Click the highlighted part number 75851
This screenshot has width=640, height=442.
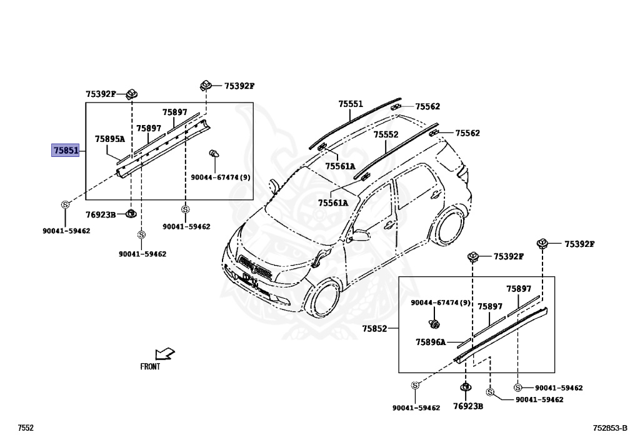[65, 150]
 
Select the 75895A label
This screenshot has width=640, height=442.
[110, 139]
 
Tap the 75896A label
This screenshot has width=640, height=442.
[431, 342]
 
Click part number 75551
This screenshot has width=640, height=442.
[351, 104]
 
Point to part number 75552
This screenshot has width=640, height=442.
[386, 134]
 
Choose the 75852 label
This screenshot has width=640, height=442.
[374, 328]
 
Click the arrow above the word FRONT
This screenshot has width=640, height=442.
[164, 354]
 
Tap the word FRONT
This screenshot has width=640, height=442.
[150, 367]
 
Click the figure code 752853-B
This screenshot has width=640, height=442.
[610, 428]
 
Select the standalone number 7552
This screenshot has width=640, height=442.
[25, 428]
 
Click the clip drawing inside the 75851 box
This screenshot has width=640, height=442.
[214, 154]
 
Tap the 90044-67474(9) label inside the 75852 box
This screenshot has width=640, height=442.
[440, 303]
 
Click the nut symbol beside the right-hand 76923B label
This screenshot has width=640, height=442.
[465, 388]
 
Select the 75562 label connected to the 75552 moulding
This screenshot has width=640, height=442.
[467, 133]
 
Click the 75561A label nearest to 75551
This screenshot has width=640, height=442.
[340, 166]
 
